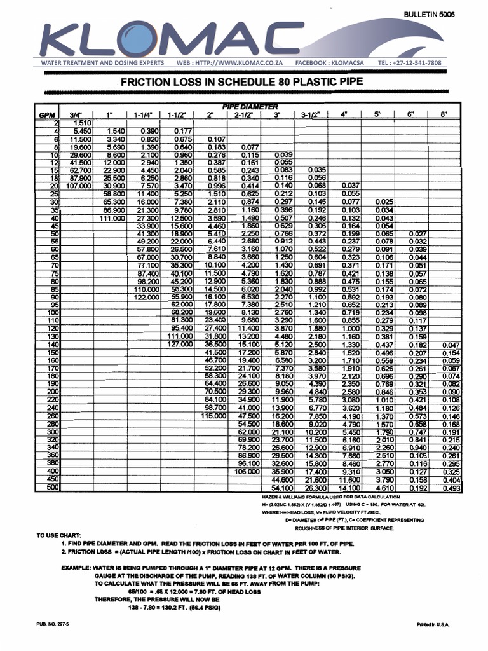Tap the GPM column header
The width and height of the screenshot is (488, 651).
pos(48,114)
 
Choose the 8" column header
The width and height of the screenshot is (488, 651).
pos(442,114)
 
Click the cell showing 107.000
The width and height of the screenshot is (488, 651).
pos(76,185)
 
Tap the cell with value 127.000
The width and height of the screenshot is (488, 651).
pos(179,344)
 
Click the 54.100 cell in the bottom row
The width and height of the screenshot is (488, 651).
pos(282,488)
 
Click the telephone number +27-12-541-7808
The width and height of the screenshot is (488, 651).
pos(427,63)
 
